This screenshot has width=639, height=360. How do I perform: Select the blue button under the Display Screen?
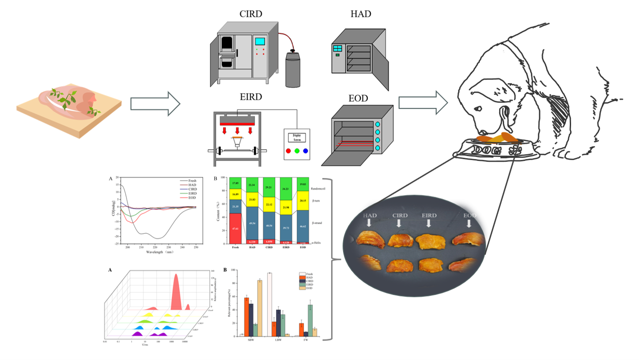[305, 151]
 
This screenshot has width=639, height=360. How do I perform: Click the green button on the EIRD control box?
[297, 151]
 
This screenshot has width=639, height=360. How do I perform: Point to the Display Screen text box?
[297, 138]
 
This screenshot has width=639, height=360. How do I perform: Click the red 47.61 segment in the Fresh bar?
[235, 229]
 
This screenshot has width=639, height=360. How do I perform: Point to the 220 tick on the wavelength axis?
[154, 248]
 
